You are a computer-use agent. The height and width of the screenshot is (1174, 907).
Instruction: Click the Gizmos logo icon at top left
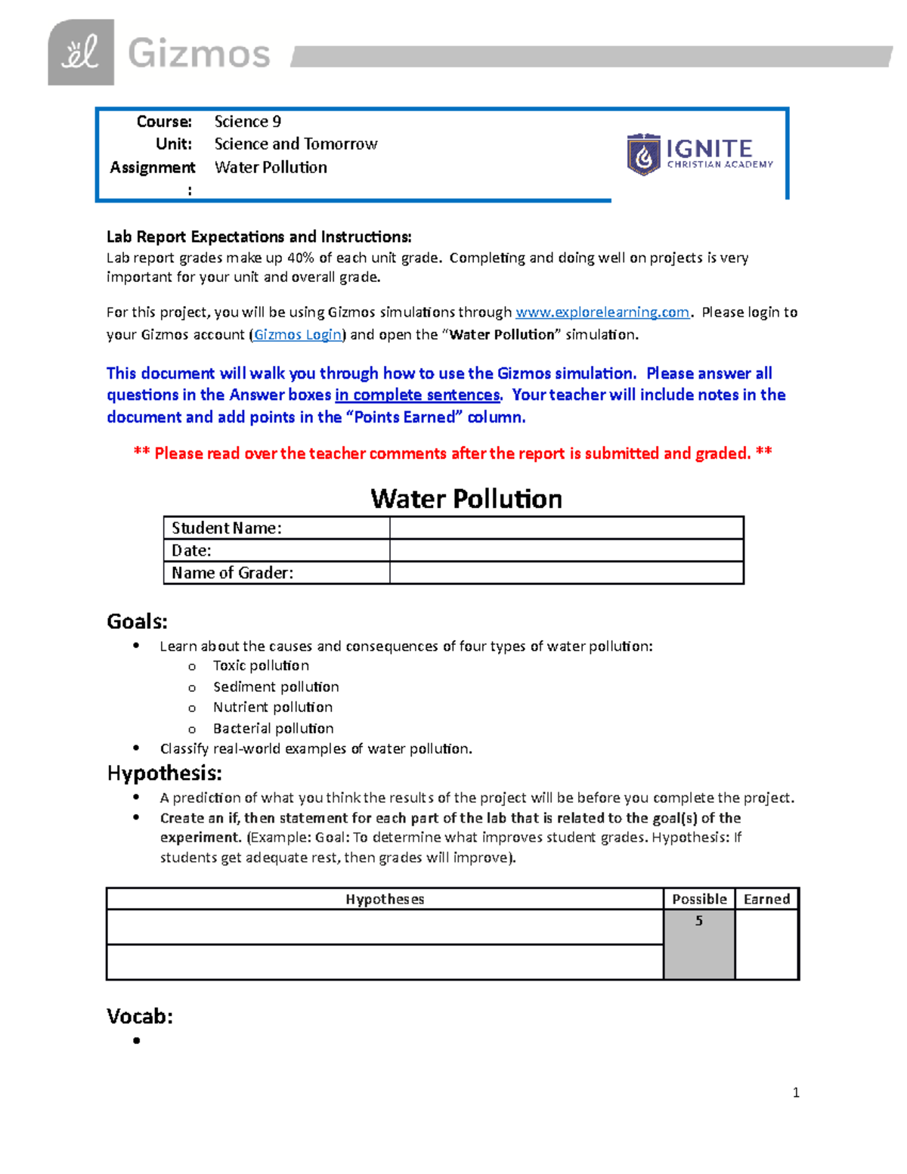pyautogui.click(x=81, y=52)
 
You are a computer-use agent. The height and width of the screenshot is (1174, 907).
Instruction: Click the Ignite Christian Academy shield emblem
pyautogui.click(x=643, y=155)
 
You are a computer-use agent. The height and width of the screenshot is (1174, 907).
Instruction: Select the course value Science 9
pyautogui.click(x=247, y=122)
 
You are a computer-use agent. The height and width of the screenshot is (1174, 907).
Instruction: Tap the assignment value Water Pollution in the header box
pyautogui.click(x=271, y=167)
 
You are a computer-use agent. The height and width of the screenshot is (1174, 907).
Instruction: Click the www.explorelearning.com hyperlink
pyautogui.click(x=602, y=312)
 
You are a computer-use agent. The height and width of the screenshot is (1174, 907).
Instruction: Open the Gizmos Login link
pyautogui.click(x=297, y=335)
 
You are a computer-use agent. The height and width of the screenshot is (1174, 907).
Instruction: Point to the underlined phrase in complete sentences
pyautogui.click(x=417, y=395)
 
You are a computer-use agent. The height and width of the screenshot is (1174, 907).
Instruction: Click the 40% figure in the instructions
pyautogui.click(x=301, y=258)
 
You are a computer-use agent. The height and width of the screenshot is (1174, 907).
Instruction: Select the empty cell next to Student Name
pyautogui.click(x=566, y=528)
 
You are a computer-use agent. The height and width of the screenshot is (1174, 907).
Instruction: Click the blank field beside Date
pyautogui.click(x=566, y=550)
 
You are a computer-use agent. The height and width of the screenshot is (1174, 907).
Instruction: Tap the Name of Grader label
pyautogui.click(x=232, y=573)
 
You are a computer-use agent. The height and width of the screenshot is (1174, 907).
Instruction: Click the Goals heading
pyautogui.click(x=137, y=621)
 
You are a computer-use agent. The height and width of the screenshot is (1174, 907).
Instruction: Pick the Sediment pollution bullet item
pyautogui.click(x=276, y=686)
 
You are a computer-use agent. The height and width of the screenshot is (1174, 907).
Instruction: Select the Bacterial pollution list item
pyautogui.click(x=273, y=728)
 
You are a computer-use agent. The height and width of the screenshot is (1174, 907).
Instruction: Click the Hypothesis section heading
pyautogui.click(x=164, y=773)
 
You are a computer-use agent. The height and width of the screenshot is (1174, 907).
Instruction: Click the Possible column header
pyautogui.click(x=699, y=899)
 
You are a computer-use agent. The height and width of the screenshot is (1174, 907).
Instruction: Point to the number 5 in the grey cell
pyautogui.click(x=699, y=921)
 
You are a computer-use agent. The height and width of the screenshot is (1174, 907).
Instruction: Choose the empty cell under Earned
pyautogui.click(x=766, y=944)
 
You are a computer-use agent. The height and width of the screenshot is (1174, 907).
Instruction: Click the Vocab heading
pyautogui.click(x=140, y=1016)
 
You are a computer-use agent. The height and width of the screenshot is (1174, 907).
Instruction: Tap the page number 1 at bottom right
pyautogui.click(x=796, y=1092)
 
